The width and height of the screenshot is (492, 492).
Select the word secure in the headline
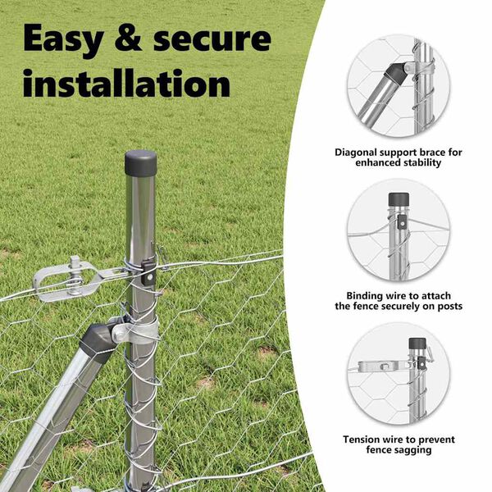click(212, 40)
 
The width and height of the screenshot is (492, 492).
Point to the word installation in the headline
click(126, 83)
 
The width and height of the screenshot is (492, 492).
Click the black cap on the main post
click(140, 163)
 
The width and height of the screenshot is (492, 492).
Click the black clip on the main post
click(148, 272)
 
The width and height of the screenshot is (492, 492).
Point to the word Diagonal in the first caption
click(356, 153)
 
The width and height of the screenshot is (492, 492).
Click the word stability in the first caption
click(422, 162)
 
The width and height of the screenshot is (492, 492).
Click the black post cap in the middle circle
click(399, 199)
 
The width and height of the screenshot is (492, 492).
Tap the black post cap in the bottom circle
click(417, 344)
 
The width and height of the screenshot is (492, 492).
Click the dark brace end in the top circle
click(395, 75)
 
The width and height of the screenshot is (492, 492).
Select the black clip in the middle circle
click(401, 221)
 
